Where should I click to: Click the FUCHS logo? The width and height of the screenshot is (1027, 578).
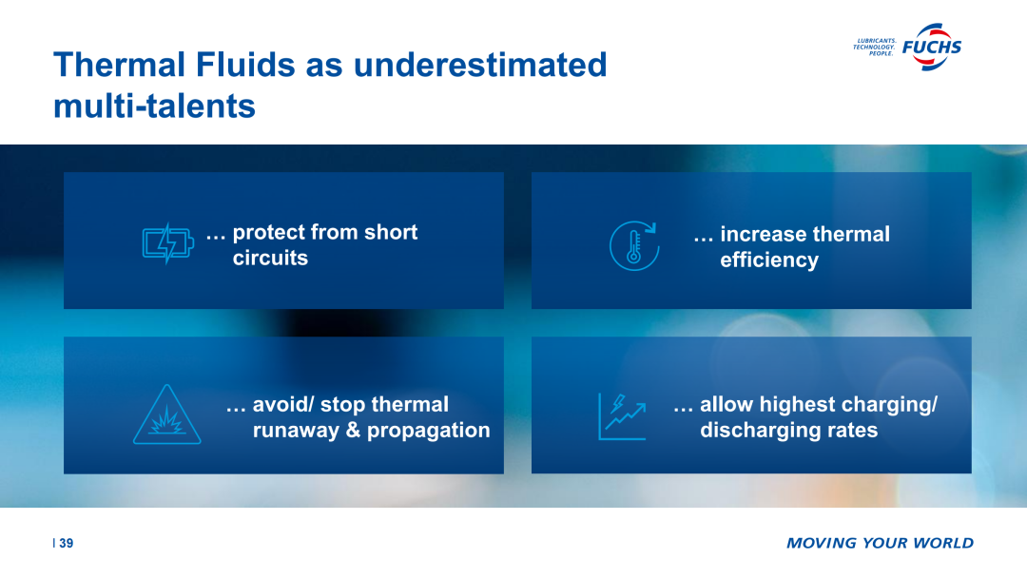tap(931, 47)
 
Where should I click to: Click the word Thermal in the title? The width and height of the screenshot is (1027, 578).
tap(120, 65)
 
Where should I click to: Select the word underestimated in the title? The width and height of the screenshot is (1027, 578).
tap(480, 65)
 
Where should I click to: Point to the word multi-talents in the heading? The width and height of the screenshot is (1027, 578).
tap(155, 106)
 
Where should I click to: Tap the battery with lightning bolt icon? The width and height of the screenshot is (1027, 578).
tap(168, 242)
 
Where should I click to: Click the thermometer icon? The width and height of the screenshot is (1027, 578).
tap(634, 246)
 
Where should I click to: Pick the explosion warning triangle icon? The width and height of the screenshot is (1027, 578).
tap(167, 415)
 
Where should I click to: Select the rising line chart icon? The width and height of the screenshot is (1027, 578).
tap(622, 416)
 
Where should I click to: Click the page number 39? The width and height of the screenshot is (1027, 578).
tap(67, 544)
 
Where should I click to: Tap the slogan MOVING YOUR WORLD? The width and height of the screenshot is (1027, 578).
tap(881, 544)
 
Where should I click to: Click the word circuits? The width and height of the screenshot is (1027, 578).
tap(270, 258)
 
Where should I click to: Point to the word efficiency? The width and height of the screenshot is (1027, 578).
tap(769, 260)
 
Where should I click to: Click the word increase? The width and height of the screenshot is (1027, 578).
tap(760, 235)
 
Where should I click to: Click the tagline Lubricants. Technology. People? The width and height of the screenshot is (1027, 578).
tap(875, 48)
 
